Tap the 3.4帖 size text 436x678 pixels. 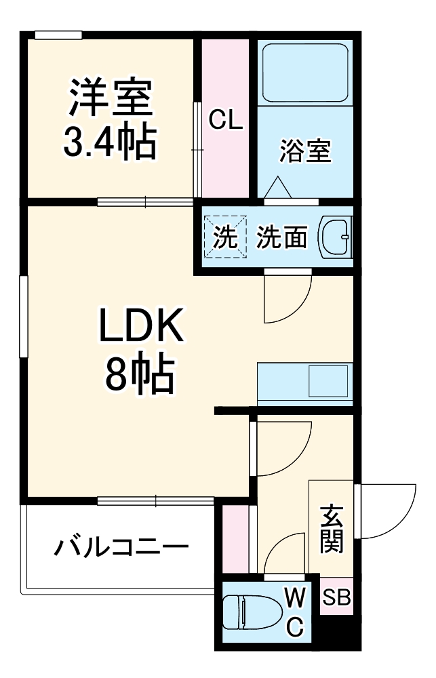109,141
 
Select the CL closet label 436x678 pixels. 225,121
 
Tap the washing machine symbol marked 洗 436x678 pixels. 223,237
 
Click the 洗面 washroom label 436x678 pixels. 282,237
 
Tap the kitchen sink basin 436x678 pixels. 328,382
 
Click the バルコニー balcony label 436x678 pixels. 122,546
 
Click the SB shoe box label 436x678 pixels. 336,597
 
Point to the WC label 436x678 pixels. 294,614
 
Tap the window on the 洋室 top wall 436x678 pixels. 58,35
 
